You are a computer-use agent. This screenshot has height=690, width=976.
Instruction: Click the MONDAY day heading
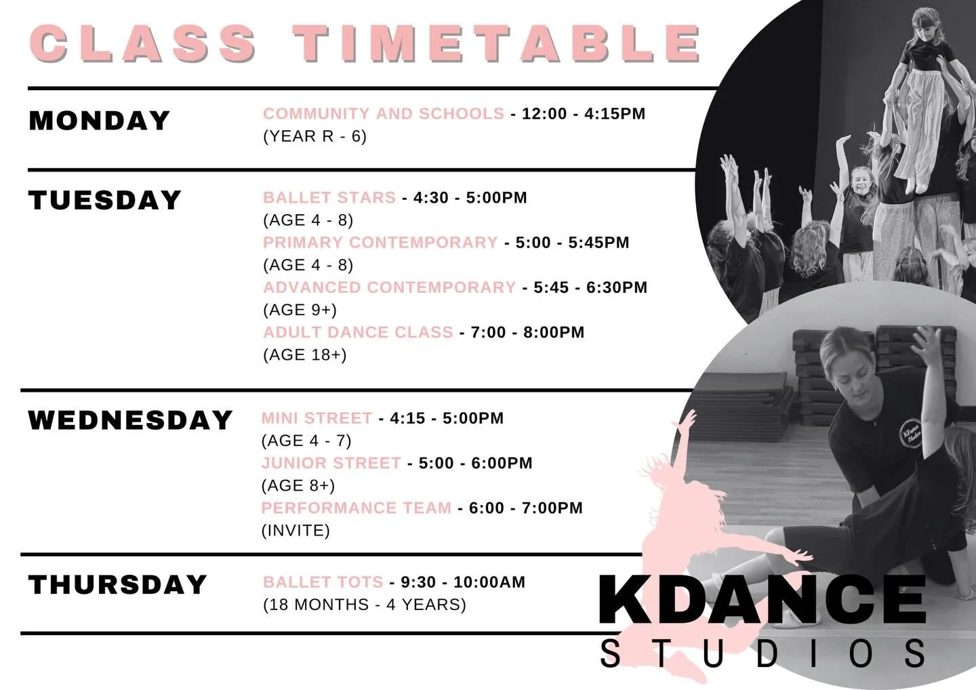click(x=99, y=121)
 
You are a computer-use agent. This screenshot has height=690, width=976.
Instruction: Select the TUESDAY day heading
click(x=105, y=201)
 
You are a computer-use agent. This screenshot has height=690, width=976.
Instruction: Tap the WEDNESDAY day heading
click(x=130, y=420)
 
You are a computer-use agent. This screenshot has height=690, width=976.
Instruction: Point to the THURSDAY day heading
click(x=117, y=585)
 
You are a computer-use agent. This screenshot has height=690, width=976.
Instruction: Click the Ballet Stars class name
click(x=329, y=198)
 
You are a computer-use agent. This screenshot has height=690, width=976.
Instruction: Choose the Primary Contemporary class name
click(x=380, y=243)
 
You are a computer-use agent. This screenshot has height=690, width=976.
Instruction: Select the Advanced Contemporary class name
click(x=390, y=287)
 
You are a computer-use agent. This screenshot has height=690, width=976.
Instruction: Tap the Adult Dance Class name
click(x=358, y=332)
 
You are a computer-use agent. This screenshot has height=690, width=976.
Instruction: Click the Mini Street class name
click(x=317, y=418)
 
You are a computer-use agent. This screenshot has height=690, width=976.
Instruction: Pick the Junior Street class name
click(x=331, y=463)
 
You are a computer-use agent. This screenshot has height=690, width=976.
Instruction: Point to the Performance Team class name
click(x=356, y=508)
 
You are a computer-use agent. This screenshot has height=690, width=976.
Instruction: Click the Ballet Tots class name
click(x=323, y=582)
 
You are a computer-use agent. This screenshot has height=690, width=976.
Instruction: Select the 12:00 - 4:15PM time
click(x=584, y=114)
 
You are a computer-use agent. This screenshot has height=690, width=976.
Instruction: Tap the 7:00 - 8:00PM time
click(x=527, y=332)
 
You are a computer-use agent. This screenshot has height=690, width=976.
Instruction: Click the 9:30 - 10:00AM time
click(x=463, y=582)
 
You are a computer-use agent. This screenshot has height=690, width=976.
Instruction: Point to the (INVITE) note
click(x=296, y=530)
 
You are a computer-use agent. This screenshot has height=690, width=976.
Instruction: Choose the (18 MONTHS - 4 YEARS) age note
click(x=365, y=605)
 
